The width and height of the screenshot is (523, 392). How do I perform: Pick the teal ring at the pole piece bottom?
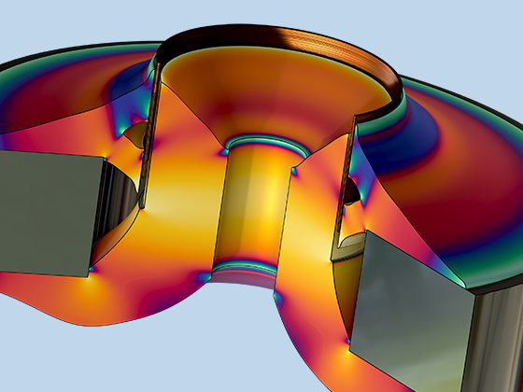pos(245,269)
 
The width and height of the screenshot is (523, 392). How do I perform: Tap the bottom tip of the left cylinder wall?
pos(143,203)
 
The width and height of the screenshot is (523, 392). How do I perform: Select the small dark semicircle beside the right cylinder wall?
pos(351,191)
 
